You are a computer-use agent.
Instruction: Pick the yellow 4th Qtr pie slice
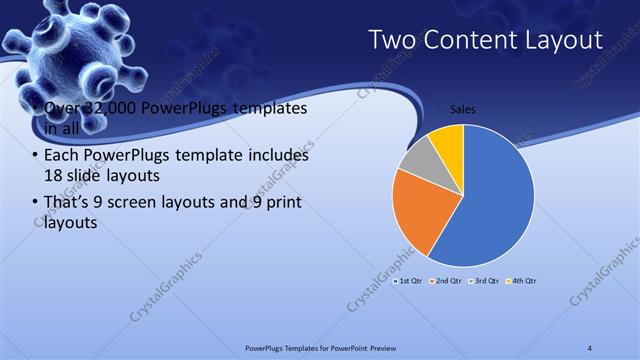447,140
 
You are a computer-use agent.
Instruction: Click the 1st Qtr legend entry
411,282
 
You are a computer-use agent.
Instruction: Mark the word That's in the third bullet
67,203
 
